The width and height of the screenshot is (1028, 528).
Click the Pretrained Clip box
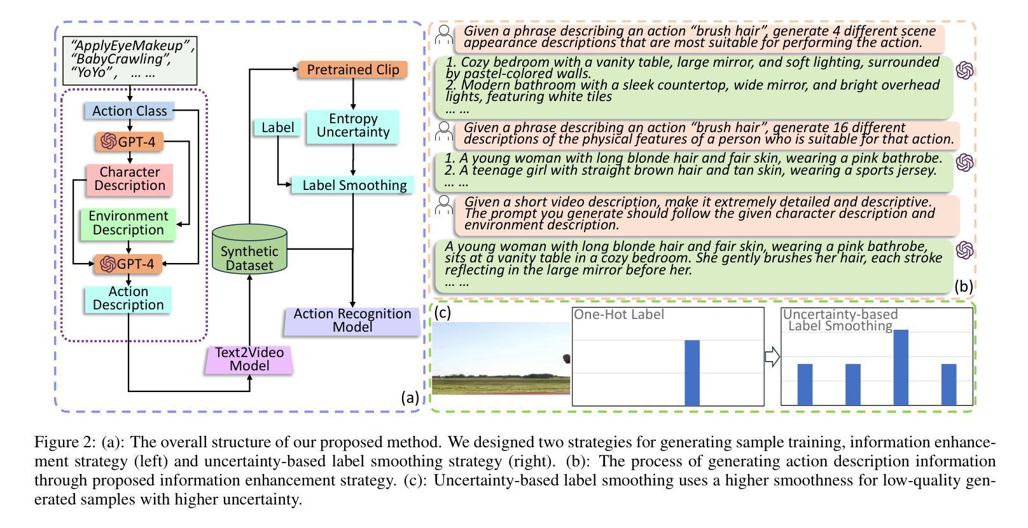[352, 69]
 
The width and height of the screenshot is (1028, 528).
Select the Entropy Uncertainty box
[353, 125]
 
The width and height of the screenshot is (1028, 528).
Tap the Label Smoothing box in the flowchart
[353, 185]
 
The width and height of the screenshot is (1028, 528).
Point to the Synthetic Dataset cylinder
[249, 250]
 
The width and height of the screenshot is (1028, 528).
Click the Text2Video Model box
[249, 359]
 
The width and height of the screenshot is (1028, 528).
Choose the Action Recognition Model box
[352, 320]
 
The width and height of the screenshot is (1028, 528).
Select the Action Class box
[129, 111]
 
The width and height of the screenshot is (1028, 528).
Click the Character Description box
[129, 179]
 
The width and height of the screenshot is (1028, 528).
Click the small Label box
[278, 128]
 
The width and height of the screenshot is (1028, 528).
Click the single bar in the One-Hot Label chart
[691, 372]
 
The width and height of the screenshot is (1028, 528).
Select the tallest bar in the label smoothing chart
[901, 367]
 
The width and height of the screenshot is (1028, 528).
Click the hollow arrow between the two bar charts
[772, 357]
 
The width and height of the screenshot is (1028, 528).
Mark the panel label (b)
[963, 286]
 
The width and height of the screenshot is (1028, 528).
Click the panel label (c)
[442, 312]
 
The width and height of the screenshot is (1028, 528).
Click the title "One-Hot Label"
[618, 314]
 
